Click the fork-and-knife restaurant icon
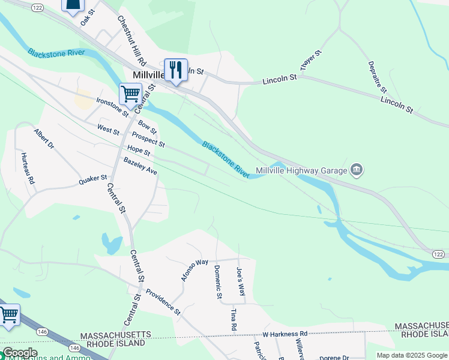pos(176,71)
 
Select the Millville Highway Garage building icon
pos(357,170)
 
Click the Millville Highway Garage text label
pos(301,171)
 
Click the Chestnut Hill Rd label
pos(132,41)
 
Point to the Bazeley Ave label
pos(140,166)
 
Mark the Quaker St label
pos(92,179)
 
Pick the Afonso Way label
pos(194,271)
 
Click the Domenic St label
pos(218,283)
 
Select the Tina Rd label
pos(234,319)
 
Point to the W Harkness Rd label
pos(285,334)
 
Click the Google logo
pos(19,353)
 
